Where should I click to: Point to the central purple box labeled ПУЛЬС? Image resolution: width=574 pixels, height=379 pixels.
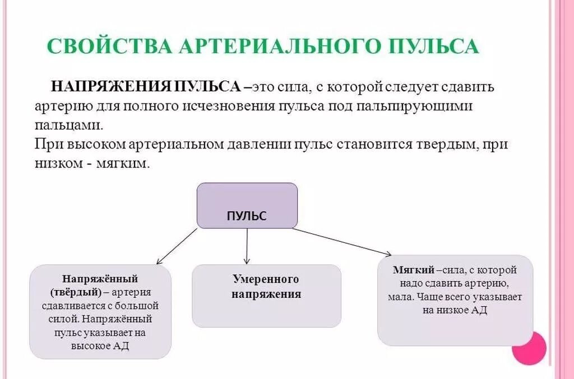coord(247,205)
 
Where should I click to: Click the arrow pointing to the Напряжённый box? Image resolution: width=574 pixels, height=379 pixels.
coord(177,246)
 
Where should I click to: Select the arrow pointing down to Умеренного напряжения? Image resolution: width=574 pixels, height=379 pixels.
coord(247,246)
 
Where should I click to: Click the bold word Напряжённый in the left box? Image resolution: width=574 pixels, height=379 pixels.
coord(100,278)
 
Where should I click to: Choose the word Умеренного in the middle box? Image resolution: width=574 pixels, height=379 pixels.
coord(266,279)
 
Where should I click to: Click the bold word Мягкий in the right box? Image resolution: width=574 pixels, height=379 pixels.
coord(414,270)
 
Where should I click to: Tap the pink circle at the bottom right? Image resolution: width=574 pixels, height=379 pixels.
coord(529,348)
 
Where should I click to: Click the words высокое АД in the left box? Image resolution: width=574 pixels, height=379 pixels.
coord(100,346)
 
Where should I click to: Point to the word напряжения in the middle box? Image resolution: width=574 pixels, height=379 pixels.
coord(266,294)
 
